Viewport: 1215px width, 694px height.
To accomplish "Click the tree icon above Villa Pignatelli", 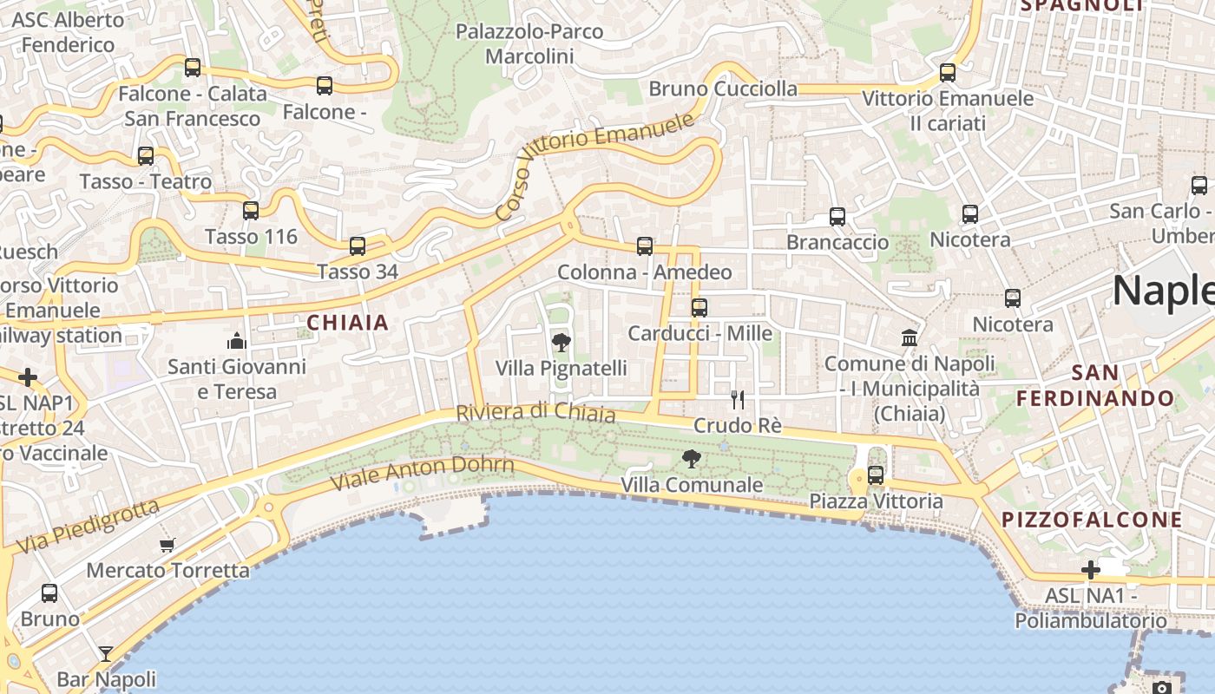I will click(562, 342).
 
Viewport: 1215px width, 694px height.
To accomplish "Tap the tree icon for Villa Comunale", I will click(692, 459).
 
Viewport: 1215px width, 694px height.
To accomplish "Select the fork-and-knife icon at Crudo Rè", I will click(738, 399).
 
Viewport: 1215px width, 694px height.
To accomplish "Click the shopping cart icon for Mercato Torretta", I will click(167, 545).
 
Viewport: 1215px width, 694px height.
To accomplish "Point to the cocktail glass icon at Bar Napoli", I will click(106, 653).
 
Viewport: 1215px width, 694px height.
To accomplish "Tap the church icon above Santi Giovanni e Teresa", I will click(237, 340).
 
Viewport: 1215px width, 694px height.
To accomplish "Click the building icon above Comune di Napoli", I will click(910, 337).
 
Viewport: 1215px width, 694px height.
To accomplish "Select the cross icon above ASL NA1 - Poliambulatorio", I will click(1091, 570).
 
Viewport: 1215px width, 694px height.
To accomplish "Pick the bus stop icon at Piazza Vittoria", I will click(876, 475).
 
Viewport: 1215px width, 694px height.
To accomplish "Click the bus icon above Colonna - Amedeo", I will click(645, 246).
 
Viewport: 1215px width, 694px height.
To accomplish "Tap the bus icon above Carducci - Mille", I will click(699, 307).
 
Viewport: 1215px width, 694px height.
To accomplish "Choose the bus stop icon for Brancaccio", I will click(837, 217).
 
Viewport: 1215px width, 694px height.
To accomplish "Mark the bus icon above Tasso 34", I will click(358, 246).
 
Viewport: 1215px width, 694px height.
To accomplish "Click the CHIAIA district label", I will click(347, 323).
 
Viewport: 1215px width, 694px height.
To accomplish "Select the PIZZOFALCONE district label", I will click(1093, 520).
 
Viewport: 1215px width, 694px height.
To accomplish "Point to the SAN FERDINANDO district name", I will click(1096, 386).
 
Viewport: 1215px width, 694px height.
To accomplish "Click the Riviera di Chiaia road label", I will click(536, 412).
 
